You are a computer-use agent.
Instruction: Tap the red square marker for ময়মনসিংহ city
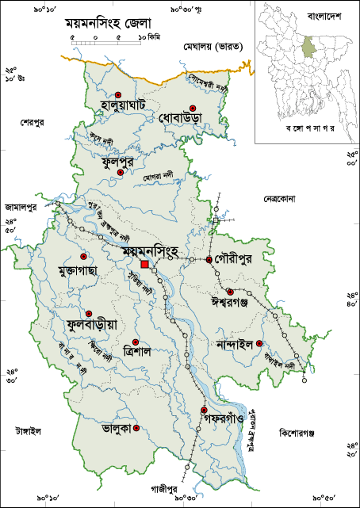coord(144,264)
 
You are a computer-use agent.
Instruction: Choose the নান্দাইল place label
coord(234,344)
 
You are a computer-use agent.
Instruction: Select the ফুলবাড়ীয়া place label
coord(86,325)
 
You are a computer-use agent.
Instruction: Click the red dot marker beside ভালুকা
coord(136,428)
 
